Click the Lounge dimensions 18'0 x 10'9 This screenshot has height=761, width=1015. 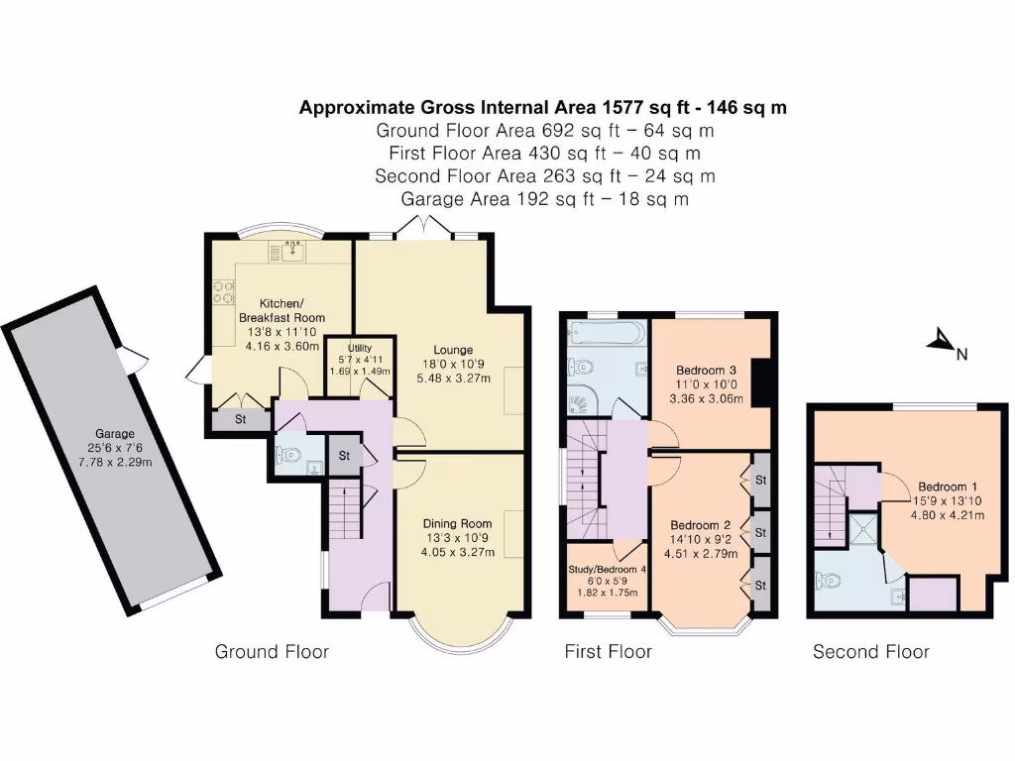click(x=452, y=365)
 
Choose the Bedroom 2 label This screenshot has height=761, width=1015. click(x=700, y=525)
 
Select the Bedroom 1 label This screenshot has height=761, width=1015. click(x=948, y=487)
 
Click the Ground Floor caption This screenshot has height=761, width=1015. click(x=272, y=651)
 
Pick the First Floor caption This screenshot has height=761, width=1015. click(x=608, y=651)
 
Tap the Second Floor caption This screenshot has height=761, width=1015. click(x=870, y=651)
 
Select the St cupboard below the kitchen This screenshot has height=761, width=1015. click(x=240, y=420)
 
